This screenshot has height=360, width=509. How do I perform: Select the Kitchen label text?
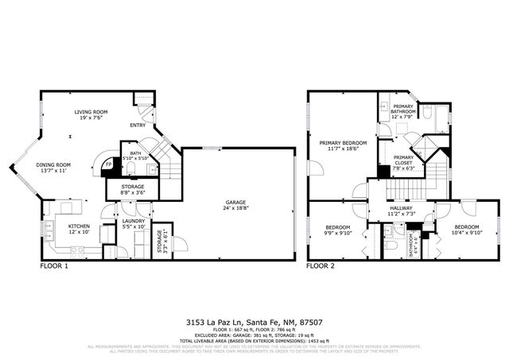(79, 226)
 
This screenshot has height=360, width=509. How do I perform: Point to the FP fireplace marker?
(108, 165)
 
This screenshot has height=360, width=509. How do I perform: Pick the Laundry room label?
(133, 223)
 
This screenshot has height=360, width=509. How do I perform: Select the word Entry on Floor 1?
(138, 126)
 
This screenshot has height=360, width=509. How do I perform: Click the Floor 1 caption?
(54, 266)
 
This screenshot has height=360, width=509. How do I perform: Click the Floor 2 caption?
(322, 266)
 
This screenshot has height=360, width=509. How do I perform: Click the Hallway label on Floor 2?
(402, 211)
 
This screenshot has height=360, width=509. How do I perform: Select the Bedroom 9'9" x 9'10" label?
(339, 231)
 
